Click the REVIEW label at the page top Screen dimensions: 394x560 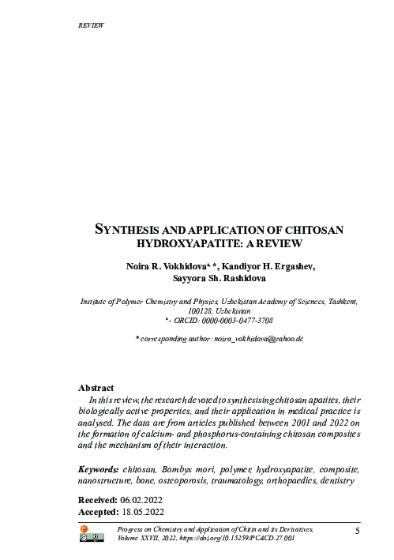coord(92,25)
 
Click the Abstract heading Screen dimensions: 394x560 coord(96,388)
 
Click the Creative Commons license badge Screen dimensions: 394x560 coord(92,539)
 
